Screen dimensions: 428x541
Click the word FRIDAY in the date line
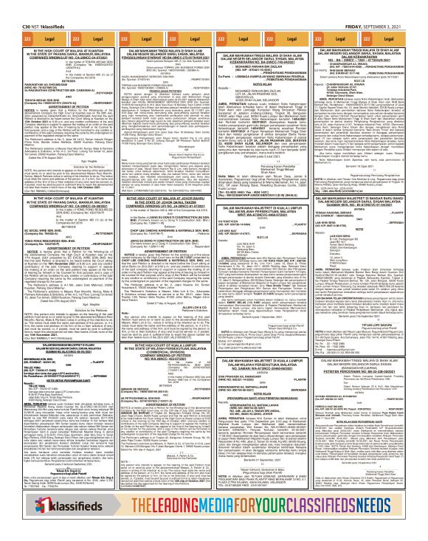pos(352,5)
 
